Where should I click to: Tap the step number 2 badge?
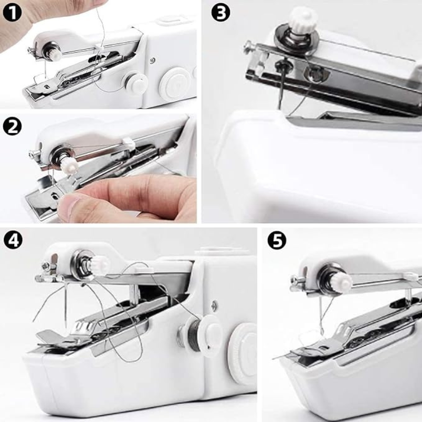coord(12,127)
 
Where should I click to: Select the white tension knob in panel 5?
coord(342,281)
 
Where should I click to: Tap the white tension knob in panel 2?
coord(69,165)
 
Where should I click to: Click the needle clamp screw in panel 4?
coord(46,266)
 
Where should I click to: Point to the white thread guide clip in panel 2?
coord(129,143)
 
